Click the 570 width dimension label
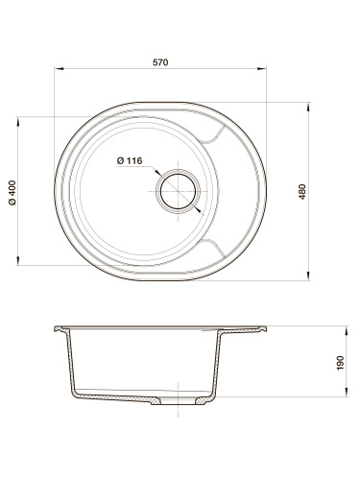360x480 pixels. coord(160,62)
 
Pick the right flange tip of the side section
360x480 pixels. coord(263,329)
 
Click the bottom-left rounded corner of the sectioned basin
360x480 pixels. coord(77,393)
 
